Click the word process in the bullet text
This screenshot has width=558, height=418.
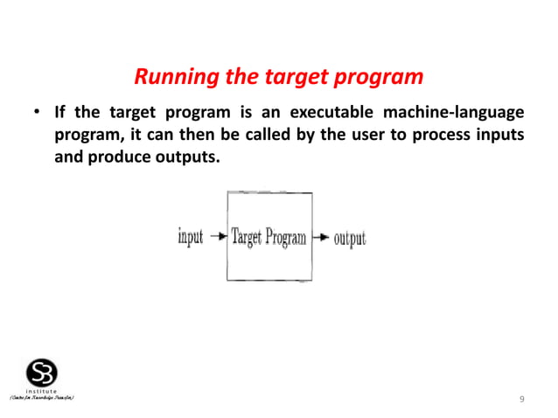pos(428,138)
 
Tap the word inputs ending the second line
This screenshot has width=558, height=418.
pos(499,138)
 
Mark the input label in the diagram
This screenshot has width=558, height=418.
pos(190,237)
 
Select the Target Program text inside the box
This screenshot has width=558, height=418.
pos(269,237)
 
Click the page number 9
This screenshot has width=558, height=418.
pos(521,400)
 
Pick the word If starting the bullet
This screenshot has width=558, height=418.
pos(59,114)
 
